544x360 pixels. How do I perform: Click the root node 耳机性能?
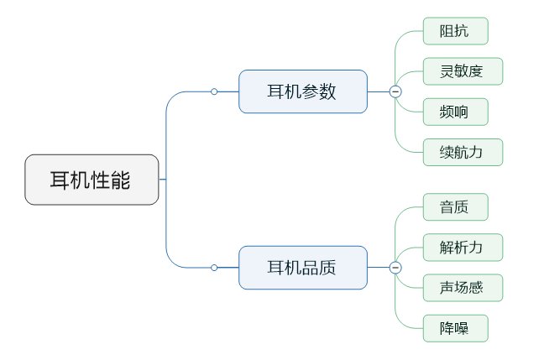pos(92,180)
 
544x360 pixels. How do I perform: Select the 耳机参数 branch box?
pos(302,91)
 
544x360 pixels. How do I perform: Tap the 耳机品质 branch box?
pos(302,268)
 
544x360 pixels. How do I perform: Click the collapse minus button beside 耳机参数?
pos(395,91)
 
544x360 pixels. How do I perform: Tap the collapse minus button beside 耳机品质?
pos(395,268)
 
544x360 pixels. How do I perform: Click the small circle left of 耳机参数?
pos(214,91)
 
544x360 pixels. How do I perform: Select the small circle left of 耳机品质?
pos(214,268)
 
